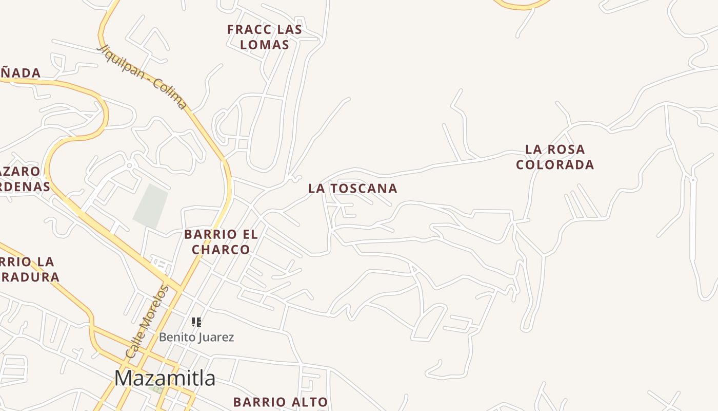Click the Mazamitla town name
pyautogui.click(x=165, y=379)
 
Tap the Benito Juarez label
pyautogui.click(x=196, y=337)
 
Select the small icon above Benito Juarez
pyautogui.click(x=196, y=322)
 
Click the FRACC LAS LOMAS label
pyautogui.click(x=265, y=37)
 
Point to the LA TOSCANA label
pyautogui.click(x=353, y=189)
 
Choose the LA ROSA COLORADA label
pyautogui.click(x=555, y=157)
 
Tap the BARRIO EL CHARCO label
pyautogui.click(x=221, y=241)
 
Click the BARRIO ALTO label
pyautogui.click(x=281, y=402)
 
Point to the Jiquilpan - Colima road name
pyautogui.click(x=143, y=78)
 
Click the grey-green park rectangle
pyautogui.click(x=151, y=206)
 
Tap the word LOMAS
pyautogui.click(x=265, y=45)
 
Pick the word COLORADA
pyautogui.click(x=555, y=165)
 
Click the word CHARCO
pyautogui.click(x=221, y=250)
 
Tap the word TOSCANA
pyautogui.click(x=364, y=189)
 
